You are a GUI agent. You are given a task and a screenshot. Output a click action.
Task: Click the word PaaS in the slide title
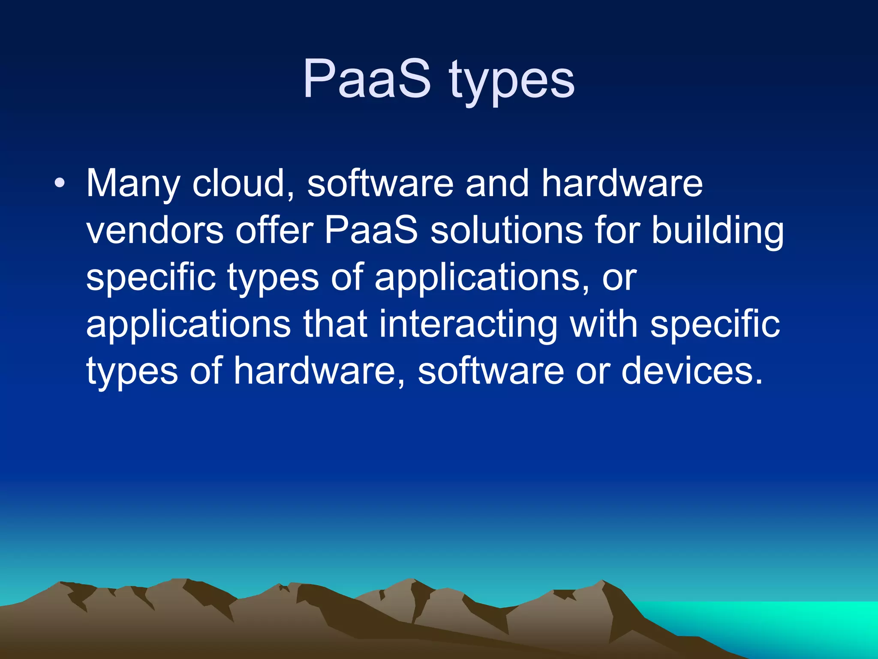pyautogui.click(x=367, y=79)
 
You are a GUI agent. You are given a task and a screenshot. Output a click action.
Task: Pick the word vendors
pyautogui.click(x=155, y=231)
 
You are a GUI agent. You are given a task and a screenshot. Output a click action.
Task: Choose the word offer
pyautogui.click(x=274, y=231)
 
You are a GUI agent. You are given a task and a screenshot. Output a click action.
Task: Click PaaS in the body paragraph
pyautogui.click(x=371, y=231)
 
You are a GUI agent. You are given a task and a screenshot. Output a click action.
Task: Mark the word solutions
pyautogui.click(x=506, y=231)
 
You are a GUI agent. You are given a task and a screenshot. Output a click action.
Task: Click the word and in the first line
pyautogui.click(x=497, y=184)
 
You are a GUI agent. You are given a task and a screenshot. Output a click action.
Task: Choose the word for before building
pyautogui.click(x=618, y=231)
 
